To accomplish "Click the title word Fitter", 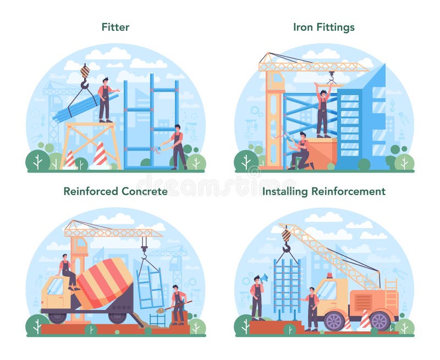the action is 116,26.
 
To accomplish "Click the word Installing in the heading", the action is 285,191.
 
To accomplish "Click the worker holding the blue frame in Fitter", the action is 178,147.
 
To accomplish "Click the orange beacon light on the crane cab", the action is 329,275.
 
